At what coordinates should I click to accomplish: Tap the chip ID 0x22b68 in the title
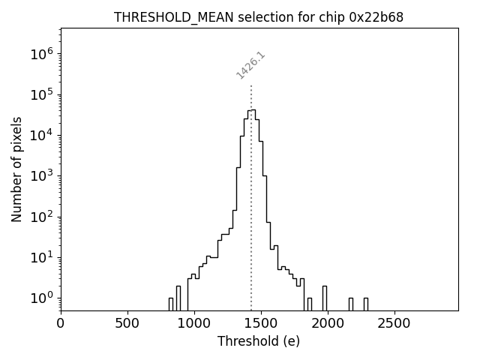coord(376,17)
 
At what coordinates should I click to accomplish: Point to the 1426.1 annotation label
coord(250,65)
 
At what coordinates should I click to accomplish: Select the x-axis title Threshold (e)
coord(259,341)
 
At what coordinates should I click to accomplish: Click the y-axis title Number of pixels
coord(17,169)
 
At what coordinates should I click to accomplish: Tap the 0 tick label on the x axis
coord(61,323)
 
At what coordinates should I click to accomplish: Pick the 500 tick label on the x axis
coord(127,323)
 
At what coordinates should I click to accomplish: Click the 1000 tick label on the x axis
coord(194,323)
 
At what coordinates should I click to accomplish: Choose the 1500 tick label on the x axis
coord(261,323)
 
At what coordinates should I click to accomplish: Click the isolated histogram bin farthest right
coord(366,304)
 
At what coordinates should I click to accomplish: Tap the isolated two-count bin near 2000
coord(325,298)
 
